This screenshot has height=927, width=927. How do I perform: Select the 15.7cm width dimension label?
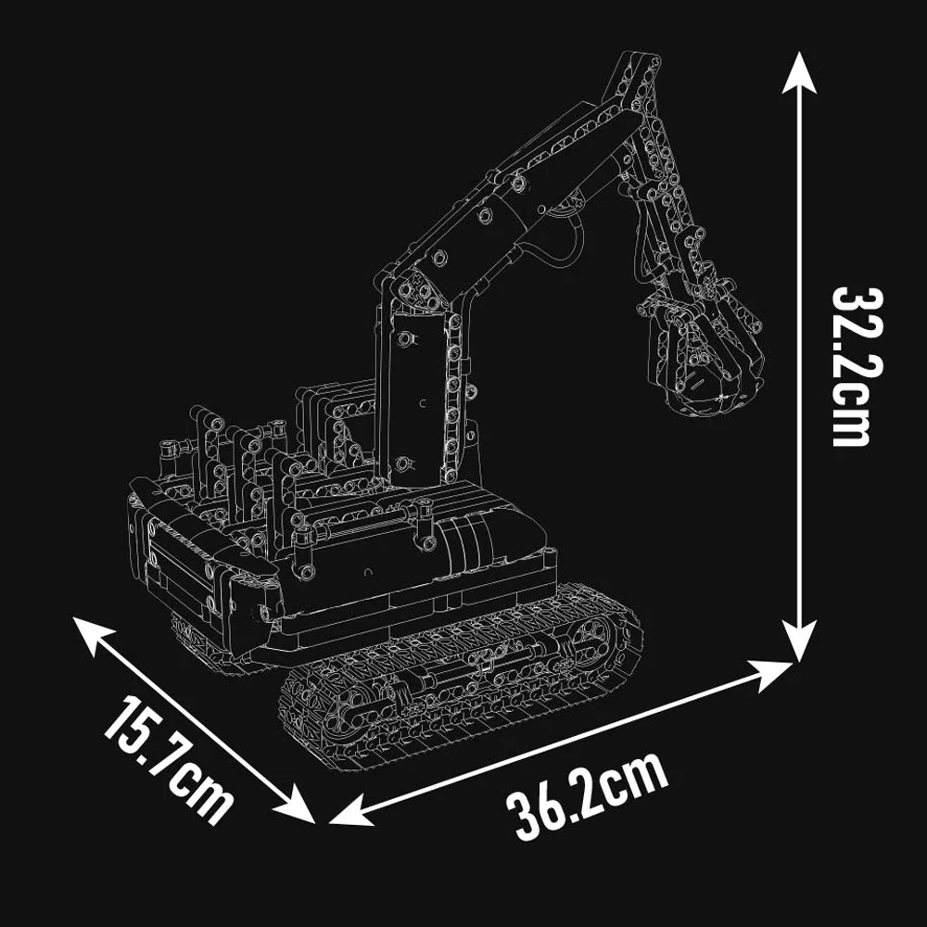point(167,759)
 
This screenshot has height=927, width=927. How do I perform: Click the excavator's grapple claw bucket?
point(709,357)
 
